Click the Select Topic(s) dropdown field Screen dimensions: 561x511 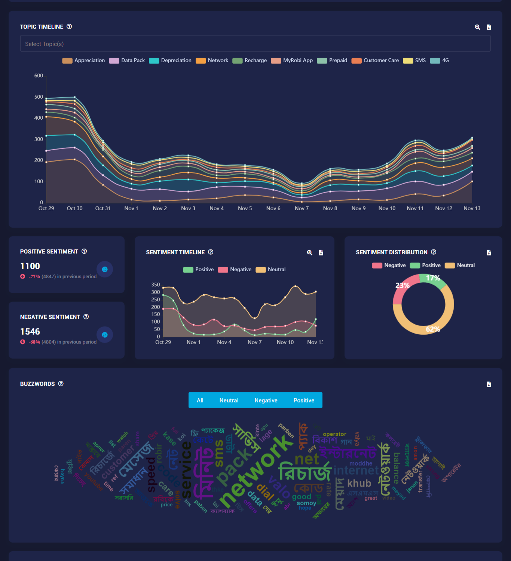tap(255, 44)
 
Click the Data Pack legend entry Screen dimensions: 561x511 tap(127, 61)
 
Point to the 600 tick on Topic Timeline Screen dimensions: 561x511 tap(39, 76)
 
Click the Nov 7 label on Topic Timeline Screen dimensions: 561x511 tap(302, 208)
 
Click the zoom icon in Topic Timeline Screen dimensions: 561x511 tap(477, 27)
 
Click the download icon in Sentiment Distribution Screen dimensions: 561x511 tap(489, 253)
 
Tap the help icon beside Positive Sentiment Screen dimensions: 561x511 tap(84, 251)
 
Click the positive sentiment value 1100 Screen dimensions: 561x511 tap(30, 266)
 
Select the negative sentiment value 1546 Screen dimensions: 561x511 tap(30, 332)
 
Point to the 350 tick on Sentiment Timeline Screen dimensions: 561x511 tap(156, 285)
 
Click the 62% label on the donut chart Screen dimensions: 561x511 tap(433, 329)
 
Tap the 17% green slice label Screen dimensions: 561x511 tap(433, 278)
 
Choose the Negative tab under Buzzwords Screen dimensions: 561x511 tap(266, 400)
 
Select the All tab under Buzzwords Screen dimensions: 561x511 tap(200, 400)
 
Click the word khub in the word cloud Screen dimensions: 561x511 tap(359, 483)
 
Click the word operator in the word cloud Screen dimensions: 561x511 tap(334, 434)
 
